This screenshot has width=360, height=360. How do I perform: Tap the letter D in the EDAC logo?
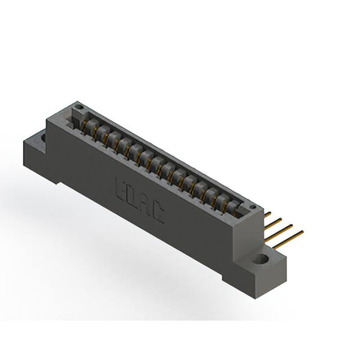coord(133,196)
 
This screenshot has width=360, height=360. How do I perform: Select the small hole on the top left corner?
coord(79,107)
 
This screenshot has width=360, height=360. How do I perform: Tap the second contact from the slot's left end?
coord(101,132)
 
